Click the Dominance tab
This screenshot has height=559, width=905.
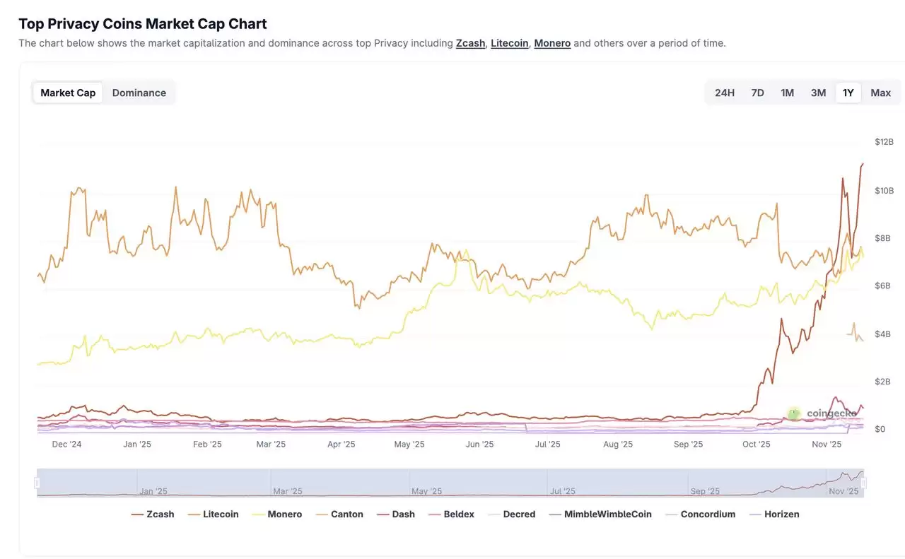click(x=139, y=93)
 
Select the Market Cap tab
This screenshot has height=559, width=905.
click(x=68, y=93)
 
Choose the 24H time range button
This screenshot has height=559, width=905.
click(x=724, y=93)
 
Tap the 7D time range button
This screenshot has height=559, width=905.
click(x=757, y=93)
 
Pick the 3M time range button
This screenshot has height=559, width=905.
click(x=818, y=93)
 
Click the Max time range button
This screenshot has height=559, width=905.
click(x=880, y=93)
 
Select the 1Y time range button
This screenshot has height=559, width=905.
click(x=848, y=93)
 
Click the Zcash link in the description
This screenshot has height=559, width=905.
click(x=470, y=43)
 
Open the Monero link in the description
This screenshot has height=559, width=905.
click(x=552, y=43)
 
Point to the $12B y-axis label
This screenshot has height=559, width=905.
click(x=884, y=142)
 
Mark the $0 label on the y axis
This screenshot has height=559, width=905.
click(x=880, y=429)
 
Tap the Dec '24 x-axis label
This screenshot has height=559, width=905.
click(x=67, y=445)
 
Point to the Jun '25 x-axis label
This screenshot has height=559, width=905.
click(x=479, y=445)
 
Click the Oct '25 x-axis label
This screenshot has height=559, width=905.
click(x=756, y=445)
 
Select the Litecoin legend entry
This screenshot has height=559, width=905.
click(x=220, y=514)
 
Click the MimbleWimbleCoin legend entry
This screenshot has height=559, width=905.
click(x=607, y=514)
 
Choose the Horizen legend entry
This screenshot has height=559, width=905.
click(x=781, y=514)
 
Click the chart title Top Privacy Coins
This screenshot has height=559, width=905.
click(x=142, y=23)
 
